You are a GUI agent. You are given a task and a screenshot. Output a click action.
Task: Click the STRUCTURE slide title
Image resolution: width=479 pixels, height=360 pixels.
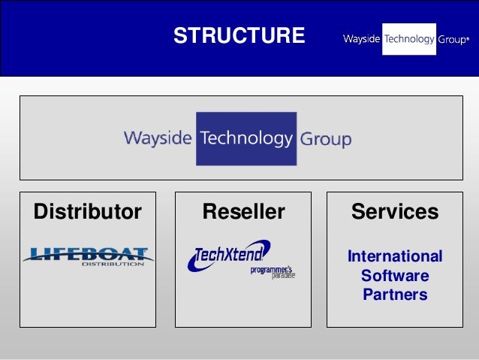[239, 36]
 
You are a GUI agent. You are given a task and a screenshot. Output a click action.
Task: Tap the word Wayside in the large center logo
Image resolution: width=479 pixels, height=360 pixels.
[158, 139]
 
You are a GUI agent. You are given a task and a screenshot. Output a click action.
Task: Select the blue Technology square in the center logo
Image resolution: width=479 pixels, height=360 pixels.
[246, 138]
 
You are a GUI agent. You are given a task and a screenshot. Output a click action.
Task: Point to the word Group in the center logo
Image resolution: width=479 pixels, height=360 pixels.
[326, 140]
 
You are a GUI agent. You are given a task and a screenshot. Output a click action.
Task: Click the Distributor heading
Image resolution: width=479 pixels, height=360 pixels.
[87, 212]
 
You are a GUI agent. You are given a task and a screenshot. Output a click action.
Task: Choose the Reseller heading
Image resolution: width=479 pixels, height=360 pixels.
[243, 212]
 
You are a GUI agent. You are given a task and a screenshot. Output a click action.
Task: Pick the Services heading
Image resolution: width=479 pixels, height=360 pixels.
[394, 212]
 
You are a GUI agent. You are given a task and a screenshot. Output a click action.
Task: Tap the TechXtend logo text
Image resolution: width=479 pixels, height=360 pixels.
[228, 256]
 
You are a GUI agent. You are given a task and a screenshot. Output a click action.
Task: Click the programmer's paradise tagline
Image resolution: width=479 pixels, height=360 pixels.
[272, 272]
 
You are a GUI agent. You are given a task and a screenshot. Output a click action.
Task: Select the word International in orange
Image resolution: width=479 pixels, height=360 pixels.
[394, 256]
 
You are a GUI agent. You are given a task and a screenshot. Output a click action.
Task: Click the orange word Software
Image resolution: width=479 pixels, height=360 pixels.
[394, 276]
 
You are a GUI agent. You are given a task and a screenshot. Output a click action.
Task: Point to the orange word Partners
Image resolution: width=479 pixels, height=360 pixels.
[394, 295]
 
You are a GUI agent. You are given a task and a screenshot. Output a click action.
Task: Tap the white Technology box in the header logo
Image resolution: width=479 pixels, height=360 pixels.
[409, 39]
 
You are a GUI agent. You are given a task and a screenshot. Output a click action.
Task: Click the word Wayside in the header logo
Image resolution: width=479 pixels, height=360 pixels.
[361, 39]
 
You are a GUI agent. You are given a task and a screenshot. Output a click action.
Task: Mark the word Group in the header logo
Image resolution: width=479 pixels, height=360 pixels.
[453, 40]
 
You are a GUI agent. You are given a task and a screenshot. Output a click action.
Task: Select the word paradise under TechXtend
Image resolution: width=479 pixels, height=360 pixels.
[283, 276]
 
